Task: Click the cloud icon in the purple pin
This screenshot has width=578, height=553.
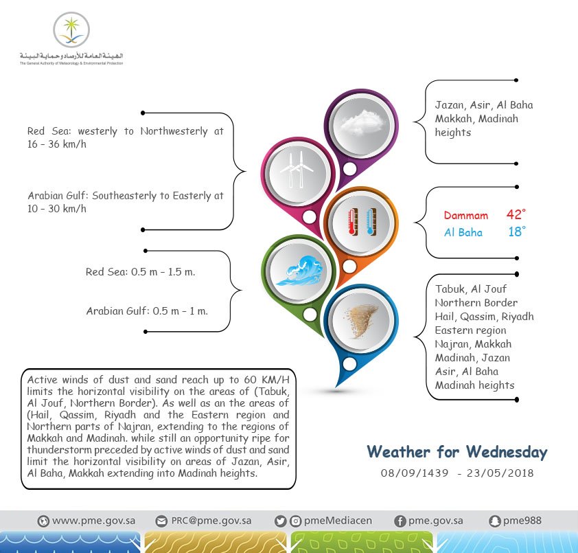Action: tap(360, 124)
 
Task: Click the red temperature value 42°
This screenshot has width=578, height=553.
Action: tap(516, 215)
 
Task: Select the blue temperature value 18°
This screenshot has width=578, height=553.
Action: tap(516, 232)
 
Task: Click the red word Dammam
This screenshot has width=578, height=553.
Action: tap(465, 216)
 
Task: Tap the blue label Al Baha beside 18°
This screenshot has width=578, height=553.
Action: tap(463, 233)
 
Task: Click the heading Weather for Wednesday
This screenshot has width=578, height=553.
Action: tap(456, 452)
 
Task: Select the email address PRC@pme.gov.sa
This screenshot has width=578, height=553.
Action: tap(211, 521)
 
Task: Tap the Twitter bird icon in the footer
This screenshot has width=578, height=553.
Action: tap(279, 521)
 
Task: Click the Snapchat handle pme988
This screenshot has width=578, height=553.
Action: tap(522, 521)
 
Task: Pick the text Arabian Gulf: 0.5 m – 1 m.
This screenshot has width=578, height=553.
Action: tap(147, 311)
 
